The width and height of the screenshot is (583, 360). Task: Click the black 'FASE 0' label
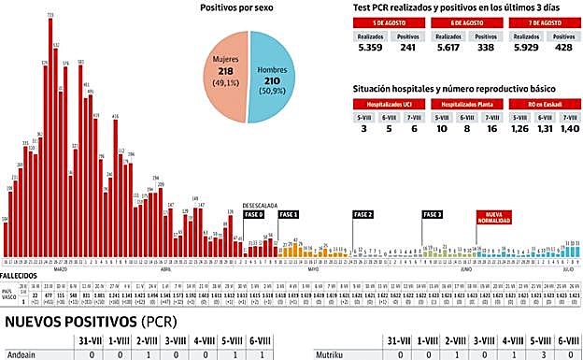[254, 214]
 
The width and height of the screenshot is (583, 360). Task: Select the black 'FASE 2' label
[363, 214]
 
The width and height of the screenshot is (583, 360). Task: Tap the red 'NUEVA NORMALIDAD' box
[493, 219]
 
